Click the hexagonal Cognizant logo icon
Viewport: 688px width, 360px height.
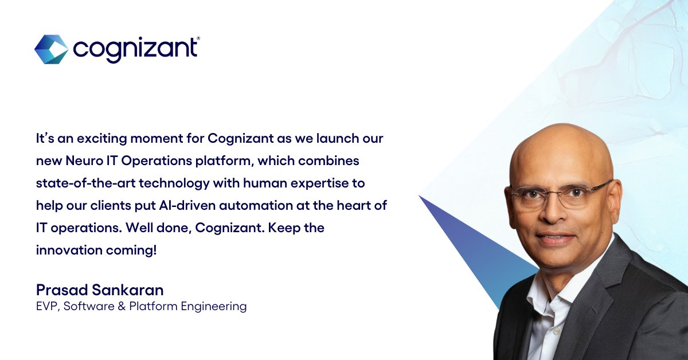pos(51,49)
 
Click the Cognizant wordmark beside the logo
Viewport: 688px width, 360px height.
pos(135,49)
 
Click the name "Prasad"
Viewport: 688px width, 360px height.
pos(57,289)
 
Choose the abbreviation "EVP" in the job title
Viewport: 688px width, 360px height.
pos(46,307)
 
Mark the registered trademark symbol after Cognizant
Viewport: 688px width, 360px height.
pos(198,38)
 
